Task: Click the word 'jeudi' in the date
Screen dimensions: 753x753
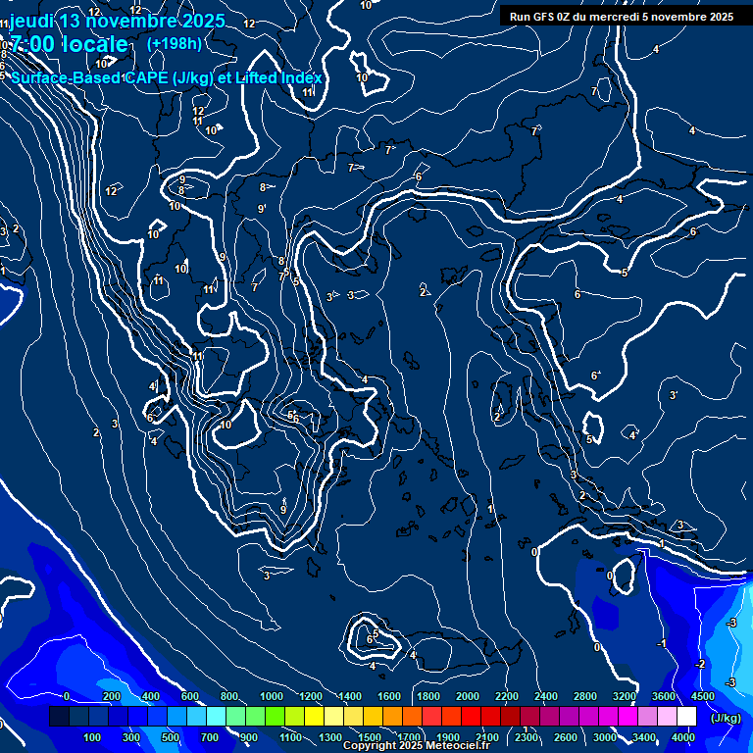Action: click(x=31, y=21)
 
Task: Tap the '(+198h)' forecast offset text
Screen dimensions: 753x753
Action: click(x=175, y=43)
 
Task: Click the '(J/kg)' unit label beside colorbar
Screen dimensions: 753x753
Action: click(x=724, y=719)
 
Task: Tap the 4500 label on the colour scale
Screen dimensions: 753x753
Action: click(x=702, y=696)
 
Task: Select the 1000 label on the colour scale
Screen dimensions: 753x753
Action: click(x=271, y=696)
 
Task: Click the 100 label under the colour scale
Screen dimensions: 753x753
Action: click(x=93, y=737)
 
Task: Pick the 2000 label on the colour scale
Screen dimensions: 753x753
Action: click(x=467, y=696)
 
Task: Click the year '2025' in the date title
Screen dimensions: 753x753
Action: click(x=196, y=21)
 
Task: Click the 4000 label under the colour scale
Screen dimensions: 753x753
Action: click(x=683, y=737)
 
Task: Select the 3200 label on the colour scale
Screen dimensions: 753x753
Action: click(x=624, y=696)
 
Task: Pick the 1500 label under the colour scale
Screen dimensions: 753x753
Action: click(x=370, y=737)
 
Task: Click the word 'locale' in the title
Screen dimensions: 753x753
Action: click(x=95, y=44)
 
